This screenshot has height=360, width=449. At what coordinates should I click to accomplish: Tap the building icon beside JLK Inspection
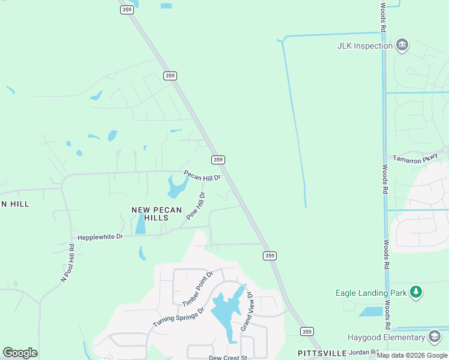402,45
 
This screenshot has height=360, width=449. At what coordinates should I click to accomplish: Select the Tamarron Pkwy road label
414,159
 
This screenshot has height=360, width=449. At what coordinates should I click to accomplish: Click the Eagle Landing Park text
370,293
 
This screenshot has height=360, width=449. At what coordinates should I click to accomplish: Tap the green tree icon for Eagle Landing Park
416,292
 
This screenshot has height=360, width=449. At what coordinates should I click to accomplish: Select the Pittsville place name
322,353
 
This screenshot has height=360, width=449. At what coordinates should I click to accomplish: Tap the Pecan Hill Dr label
202,176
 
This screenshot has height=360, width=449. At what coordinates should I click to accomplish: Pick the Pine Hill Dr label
196,206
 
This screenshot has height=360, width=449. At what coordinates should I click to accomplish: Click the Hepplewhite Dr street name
100,237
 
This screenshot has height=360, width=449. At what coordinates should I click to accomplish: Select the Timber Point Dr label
197,289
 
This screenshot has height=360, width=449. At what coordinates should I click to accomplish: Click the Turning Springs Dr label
178,317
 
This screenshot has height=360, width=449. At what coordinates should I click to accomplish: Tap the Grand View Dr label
247,312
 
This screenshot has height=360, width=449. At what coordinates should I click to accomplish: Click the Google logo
20,353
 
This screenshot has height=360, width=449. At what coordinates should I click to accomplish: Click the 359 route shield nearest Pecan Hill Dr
218,160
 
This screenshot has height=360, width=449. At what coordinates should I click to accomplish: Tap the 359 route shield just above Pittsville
307,332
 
